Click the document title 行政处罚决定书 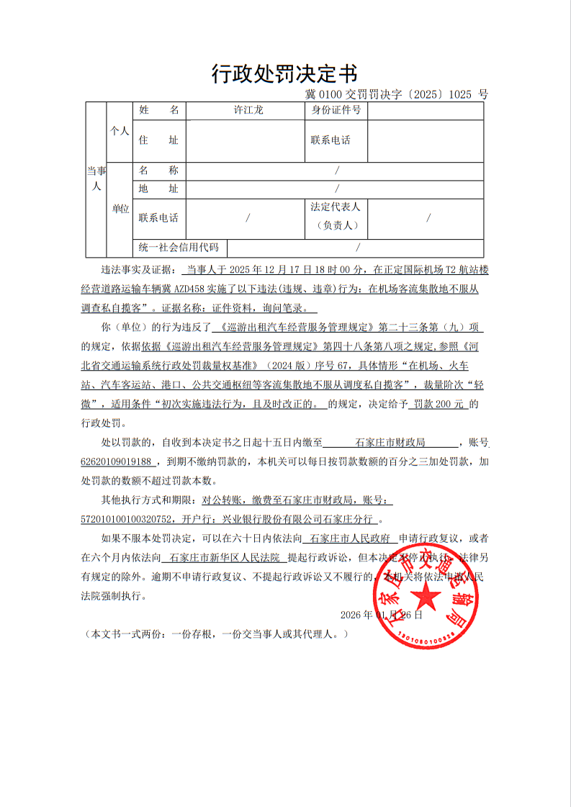[284, 73]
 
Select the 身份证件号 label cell [336, 110]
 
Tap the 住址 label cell [158, 140]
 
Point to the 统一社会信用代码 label [179, 248]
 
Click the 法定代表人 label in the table [336, 207]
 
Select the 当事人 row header [96, 178]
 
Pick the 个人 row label [119, 131]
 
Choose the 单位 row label [120, 209]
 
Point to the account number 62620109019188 [116, 461]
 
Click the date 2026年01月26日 [382, 615]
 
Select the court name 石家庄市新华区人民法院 [224, 557]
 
